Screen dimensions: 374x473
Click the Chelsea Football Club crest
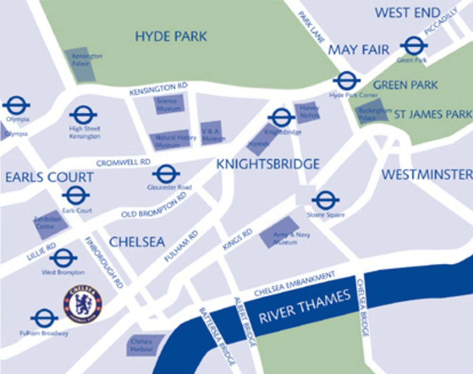coord(83,304)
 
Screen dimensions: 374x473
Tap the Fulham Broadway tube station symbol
coord(44,318)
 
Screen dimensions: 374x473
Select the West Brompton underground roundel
coord(63,258)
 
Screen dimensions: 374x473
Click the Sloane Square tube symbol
coord(325,200)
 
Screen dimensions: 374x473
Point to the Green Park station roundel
coord(414,46)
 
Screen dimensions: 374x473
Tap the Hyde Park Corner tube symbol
coord(347,81)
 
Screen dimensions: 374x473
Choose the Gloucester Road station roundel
coord(166,174)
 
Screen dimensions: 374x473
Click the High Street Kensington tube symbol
coord(83,115)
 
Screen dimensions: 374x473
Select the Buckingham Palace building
coord(372,112)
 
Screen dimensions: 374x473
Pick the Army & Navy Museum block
coord(280,232)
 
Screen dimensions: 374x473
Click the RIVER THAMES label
coord(305,307)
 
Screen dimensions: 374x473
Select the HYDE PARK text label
coord(171,36)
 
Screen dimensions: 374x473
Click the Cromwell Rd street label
coord(123,162)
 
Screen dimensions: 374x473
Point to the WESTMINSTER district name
coord(427,175)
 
